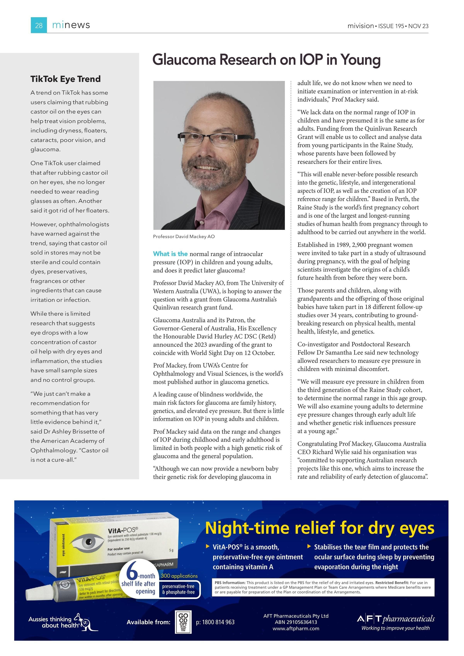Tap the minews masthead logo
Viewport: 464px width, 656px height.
(x=71, y=25)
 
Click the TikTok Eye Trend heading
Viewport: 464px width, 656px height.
(x=65, y=79)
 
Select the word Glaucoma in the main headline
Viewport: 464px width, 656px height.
(x=184, y=60)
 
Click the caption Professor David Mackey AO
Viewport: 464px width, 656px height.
(x=184, y=237)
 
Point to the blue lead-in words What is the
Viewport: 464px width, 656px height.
(x=170, y=254)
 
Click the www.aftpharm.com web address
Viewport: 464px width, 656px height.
(x=296, y=628)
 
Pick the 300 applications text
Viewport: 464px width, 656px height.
(x=179, y=576)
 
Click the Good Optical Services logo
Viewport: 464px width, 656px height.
(x=183, y=622)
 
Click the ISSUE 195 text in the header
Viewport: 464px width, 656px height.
(x=391, y=26)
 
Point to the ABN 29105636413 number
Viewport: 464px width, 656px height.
(x=296, y=622)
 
